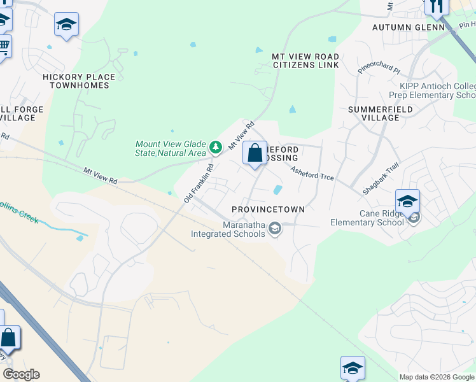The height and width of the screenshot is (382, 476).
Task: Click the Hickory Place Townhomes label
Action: coord(79,81)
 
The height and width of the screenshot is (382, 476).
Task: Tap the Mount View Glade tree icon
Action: coord(216,148)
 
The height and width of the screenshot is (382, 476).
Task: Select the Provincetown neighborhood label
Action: coord(268,209)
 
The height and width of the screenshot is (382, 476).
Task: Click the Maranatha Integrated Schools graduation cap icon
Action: coord(275,229)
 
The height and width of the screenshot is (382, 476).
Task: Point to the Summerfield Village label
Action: coord(381,113)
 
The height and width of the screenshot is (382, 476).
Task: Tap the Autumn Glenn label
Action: coord(408,27)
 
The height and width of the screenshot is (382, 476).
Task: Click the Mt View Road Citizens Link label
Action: coord(305,61)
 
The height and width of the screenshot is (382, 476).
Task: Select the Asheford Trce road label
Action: coord(312,173)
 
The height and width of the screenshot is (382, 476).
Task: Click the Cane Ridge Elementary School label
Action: coord(367,218)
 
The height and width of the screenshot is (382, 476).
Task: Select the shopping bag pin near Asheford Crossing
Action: coord(255,153)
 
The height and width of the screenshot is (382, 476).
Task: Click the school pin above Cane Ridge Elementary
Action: coord(407,202)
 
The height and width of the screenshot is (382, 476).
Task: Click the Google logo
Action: coord(21,374)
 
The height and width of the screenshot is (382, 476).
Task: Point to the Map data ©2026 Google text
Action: coord(436,377)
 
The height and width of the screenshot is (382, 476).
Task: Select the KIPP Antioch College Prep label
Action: coord(437,90)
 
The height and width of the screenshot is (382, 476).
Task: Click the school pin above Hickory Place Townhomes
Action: coord(66,25)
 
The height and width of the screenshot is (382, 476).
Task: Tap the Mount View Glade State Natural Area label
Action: coord(171,148)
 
